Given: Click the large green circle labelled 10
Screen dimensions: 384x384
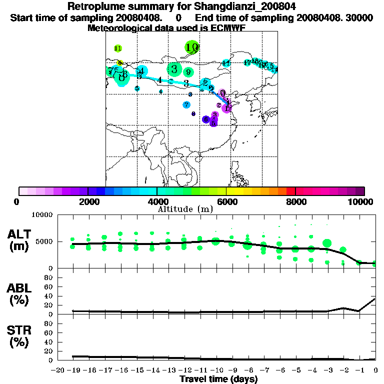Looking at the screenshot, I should [x=191, y=47].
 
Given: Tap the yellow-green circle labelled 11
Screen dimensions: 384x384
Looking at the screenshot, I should [x=118, y=48].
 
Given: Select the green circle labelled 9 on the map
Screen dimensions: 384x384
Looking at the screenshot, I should [x=188, y=72].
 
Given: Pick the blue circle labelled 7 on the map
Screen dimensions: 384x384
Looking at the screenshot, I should [x=186, y=104].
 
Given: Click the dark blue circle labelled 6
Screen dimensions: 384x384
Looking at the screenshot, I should [x=205, y=119].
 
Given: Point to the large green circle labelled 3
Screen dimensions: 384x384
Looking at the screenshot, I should [x=174, y=69].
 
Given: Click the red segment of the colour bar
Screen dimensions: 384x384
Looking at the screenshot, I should [x=290, y=191].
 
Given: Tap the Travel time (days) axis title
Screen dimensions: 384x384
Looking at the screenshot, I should [x=218, y=379].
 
